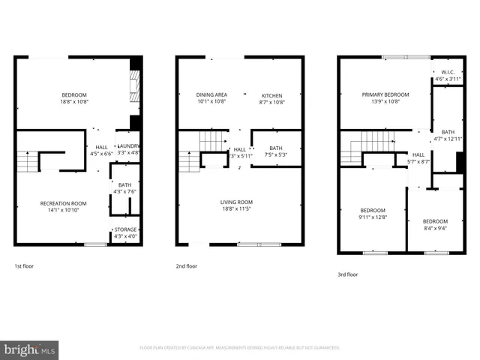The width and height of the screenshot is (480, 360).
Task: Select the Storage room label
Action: [125, 230]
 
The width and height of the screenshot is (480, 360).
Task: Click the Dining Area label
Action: [211, 94]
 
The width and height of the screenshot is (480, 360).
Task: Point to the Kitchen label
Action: [271, 95]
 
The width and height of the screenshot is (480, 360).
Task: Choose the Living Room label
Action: [236, 202]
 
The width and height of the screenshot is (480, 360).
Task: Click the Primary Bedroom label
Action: [385, 94]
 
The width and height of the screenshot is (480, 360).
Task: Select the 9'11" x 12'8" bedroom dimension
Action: [373, 217]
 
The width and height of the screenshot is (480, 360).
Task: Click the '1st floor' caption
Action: [24, 266]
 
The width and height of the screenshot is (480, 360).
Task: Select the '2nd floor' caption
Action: [187, 266]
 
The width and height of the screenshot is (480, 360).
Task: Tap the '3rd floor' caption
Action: [348, 274]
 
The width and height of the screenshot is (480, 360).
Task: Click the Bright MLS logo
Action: [30, 349]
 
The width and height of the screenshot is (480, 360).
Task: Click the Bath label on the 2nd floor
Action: [275, 148]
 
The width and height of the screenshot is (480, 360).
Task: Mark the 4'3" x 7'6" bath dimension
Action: [124, 192]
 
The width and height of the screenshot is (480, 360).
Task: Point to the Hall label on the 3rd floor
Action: [418, 154]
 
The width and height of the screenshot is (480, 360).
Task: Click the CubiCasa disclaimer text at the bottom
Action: [240, 348]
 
